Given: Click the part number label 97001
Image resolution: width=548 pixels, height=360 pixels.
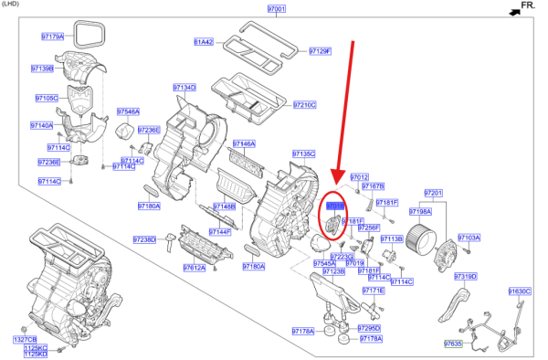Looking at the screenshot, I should tap(277, 8).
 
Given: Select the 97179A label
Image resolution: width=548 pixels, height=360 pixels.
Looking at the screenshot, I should tap(53, 37).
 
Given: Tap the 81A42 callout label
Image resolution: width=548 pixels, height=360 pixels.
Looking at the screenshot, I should tap(203, 42).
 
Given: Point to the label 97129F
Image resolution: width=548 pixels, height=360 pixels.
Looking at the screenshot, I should tap(320, 51).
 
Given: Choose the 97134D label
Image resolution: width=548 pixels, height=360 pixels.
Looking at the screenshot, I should tap(184, 88).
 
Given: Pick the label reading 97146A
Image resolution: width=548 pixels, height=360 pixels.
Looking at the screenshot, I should tap(244, 143).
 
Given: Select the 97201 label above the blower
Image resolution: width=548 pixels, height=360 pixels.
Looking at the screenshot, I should tap(433, 193).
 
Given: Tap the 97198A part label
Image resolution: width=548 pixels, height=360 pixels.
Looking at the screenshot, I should tap(433, 211).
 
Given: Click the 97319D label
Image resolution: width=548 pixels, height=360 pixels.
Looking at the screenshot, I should tap(466, 275).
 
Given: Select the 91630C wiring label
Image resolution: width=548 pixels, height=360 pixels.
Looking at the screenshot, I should tap(519, 291).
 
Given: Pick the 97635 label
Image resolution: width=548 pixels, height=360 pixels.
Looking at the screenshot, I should tap(453, 344).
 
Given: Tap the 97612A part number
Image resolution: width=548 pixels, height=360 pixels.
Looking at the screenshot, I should tap(194, 268).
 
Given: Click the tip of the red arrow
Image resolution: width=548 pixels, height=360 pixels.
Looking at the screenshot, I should tap(335, 184).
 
